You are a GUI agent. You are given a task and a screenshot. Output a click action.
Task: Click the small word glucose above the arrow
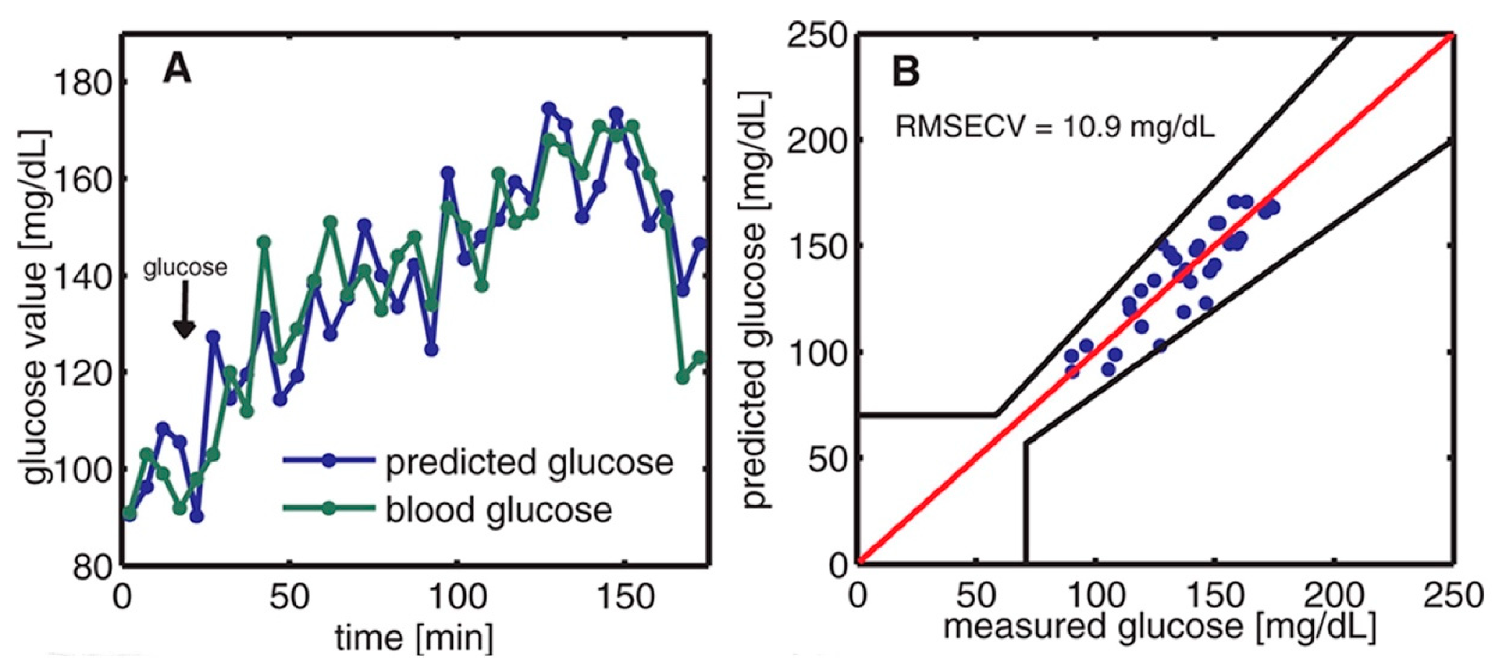[185, 268]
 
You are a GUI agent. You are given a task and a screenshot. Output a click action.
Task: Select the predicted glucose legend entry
[529, 462]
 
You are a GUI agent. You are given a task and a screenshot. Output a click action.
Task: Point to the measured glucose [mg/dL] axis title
[1159, 627]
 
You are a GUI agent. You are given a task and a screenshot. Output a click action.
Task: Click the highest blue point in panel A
[548, 109]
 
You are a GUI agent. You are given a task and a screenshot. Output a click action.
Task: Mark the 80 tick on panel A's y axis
[92, 566]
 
